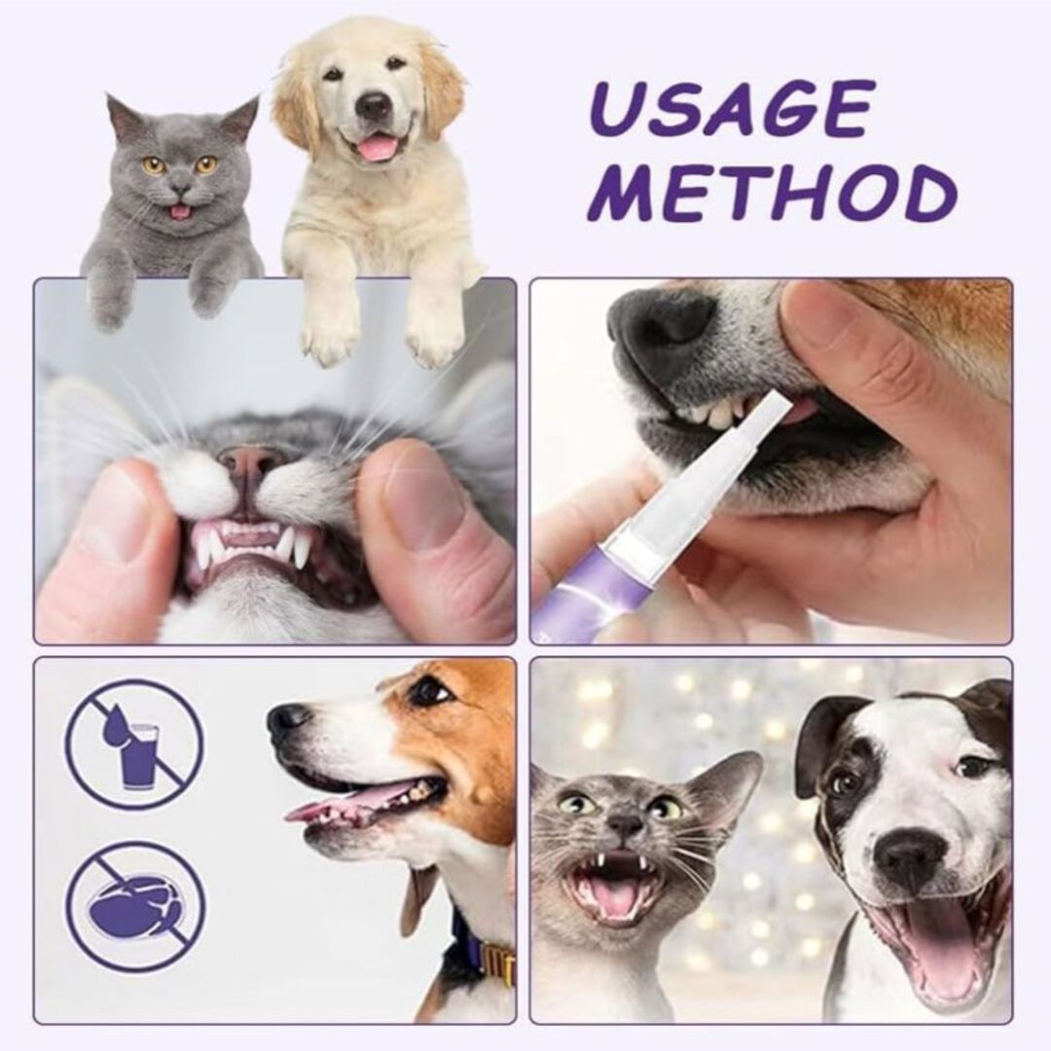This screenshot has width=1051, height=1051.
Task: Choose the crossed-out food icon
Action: tap(135, 907)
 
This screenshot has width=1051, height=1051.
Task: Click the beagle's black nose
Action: tap(287, 720)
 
